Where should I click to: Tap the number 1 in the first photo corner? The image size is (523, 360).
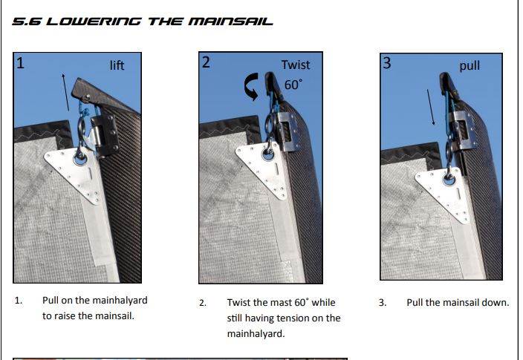pos(21,63)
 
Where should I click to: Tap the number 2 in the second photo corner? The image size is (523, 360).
pos(206,62)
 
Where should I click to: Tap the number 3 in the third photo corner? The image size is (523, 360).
pos(386,63)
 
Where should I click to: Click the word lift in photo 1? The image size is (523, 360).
pos(117,65)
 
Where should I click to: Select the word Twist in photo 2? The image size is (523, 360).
pos(296,65)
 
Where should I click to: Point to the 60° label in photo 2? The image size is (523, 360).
pos(294,85)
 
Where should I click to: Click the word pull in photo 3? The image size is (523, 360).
pos(470,65)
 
